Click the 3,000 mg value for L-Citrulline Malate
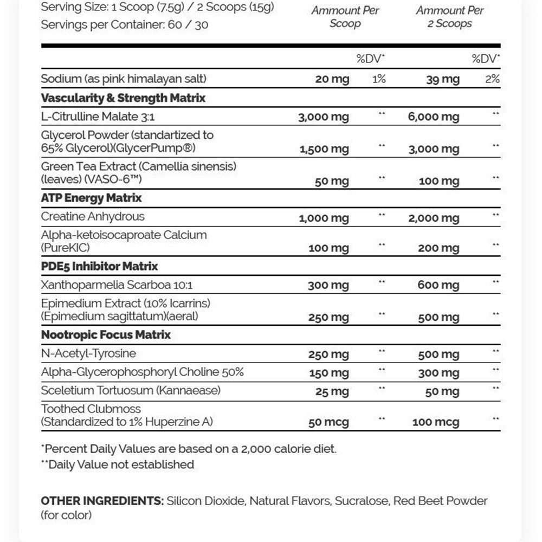point(324,117)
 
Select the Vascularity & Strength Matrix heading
point(123,98)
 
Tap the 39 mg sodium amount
point(442,80)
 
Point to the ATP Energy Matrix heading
point(91,198)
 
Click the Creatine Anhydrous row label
point(93,216)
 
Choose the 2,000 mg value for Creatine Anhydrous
point(434,218)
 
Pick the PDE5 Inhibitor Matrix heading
point(99,266)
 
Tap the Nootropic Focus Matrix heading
point(106,334)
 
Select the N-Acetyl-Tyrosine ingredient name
point(88,353)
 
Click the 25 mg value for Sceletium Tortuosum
point(332,392)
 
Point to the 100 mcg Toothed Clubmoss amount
point(436,422)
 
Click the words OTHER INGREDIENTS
point(102,501)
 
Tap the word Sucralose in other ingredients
point(361,501)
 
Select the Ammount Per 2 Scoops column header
point(449,17)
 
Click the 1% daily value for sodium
point(379,79)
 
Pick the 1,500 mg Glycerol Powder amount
point(324,150)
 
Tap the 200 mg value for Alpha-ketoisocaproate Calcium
point(438,249)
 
